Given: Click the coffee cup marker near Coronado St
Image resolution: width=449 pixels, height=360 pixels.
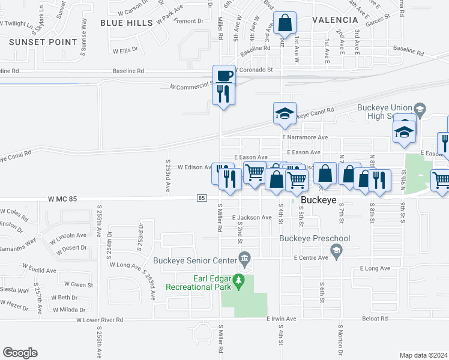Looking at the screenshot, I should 224,76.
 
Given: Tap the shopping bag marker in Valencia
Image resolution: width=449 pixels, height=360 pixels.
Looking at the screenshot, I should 284,24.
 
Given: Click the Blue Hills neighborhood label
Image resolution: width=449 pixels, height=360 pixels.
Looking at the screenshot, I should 127,22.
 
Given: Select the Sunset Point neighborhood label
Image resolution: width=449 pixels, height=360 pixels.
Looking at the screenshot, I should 43,42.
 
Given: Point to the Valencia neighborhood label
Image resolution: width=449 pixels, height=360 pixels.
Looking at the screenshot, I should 335,19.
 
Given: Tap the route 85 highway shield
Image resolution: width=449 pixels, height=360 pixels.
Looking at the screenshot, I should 202,198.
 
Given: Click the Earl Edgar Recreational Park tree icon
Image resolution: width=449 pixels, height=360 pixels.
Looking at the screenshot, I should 239,280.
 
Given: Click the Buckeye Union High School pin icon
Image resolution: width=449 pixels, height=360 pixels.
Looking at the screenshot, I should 419,109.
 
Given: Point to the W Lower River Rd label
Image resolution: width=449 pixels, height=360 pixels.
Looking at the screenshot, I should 99,320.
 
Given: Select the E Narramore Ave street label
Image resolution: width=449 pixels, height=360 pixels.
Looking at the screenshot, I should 306,137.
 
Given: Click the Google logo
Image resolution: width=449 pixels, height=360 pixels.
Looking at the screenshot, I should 20,353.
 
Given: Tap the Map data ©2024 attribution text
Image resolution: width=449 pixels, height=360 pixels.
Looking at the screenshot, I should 424,355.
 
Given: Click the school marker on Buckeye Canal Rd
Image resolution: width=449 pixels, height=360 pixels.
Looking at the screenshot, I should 285,113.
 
